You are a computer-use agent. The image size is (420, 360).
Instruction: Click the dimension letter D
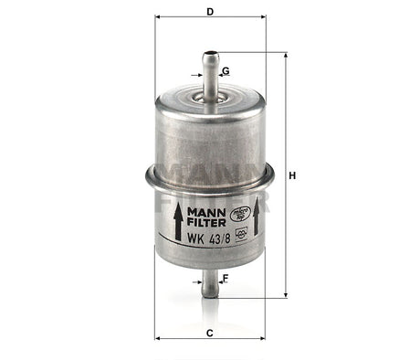tap(210, 12)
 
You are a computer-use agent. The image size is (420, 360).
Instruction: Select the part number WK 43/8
tap(204, 238)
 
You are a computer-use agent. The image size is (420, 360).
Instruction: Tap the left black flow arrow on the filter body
tap(176, 223)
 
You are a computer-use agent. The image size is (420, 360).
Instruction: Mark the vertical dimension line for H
tap(285, 137)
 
